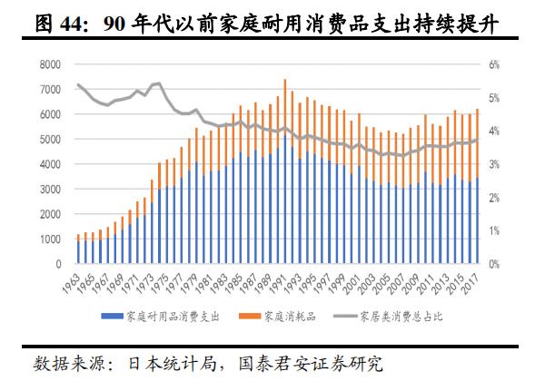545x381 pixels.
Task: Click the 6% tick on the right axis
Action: [494, 65]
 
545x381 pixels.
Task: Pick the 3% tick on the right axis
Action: [494, 165]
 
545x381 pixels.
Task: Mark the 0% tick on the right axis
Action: [494, 264]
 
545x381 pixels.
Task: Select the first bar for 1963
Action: [78, 249]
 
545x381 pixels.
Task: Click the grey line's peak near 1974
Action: [160, 83]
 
